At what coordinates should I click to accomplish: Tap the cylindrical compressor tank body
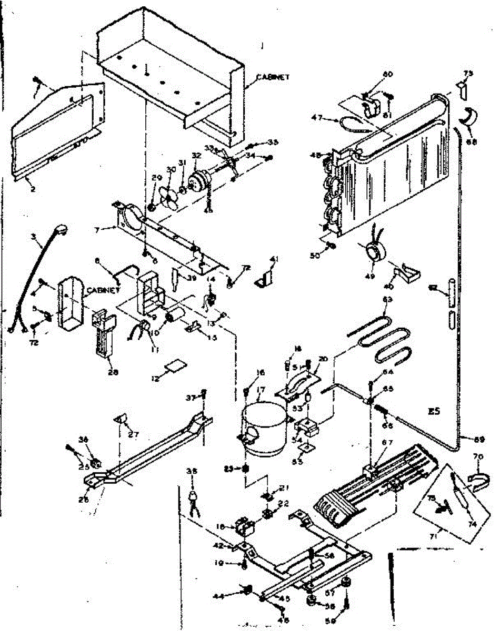263,429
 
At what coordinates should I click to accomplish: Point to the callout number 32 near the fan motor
196,156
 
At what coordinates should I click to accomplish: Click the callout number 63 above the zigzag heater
387,299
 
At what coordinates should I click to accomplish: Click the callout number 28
113,372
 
